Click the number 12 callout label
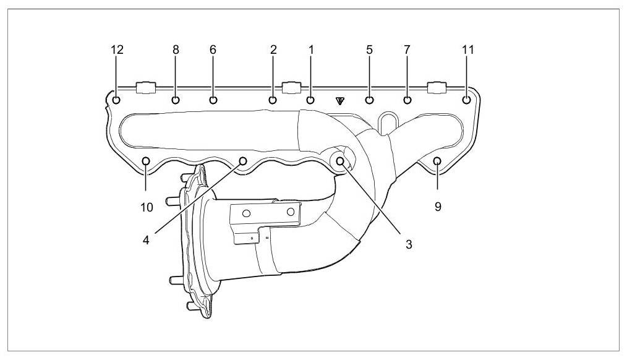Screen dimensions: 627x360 117,50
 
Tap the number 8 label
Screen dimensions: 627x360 176,50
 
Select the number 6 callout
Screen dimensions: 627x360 213,50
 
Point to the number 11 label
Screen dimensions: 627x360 468,50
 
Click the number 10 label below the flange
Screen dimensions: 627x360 147,207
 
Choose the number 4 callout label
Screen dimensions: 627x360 147,240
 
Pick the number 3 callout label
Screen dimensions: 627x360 409,244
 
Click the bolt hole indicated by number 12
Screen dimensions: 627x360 116,100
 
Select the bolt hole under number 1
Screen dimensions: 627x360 310,100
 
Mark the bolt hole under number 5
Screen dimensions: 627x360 369,100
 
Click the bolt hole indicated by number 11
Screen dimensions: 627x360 467,99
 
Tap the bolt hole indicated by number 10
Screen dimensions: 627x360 147,162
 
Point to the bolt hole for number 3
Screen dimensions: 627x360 341,162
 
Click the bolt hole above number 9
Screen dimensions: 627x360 437,162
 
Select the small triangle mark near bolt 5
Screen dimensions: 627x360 339,100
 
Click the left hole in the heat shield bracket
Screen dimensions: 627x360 246,214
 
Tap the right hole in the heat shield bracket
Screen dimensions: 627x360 291,212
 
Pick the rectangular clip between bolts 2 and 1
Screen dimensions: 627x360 291,87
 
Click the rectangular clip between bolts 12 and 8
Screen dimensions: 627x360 145,87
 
